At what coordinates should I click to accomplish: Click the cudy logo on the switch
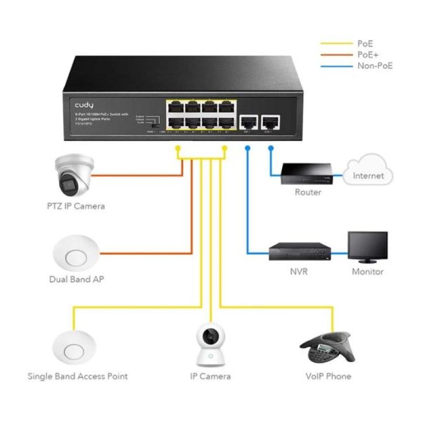[x=84, y=105]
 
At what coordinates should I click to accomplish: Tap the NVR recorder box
[x=298, y=252]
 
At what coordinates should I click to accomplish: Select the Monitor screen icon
[x=368, y=248]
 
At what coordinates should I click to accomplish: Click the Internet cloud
[x=368, y=169]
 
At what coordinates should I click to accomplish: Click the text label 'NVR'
[x=298, y=272]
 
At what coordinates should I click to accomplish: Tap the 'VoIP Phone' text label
[x=328, y=376]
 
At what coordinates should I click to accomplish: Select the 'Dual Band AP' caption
[x=76, y=279]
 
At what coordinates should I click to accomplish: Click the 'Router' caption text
[x=308, y=192]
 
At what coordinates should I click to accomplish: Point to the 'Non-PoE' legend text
[x=375, y=66]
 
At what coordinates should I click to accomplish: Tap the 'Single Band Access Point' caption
[x=77, y=376]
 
